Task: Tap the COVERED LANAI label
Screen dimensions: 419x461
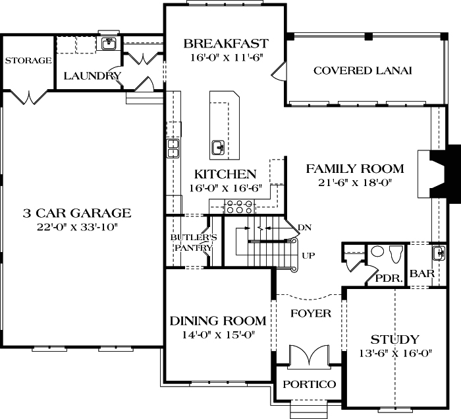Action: pyautogui.click(x=362, y=71)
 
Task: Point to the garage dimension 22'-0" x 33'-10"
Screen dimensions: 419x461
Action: pyautogui.click(x=77, y=227)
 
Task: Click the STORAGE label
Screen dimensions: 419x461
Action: pyautogui.click(x=28, y=61)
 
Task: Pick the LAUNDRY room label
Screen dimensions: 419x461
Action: pyautogui.click(x=92, y=76)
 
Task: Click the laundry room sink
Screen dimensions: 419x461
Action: pyautogui.click(x=109, y=44)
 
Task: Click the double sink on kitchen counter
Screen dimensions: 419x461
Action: pyautogui.click(x=173, y=148)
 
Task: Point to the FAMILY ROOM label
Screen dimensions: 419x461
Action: pyautogui.click(x=355, y=169)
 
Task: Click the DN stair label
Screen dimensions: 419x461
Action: pyautogui.click(x=304, y=228)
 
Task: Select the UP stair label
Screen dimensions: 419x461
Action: pyautogui.click(x=307, y=255)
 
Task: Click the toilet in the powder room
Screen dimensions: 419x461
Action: pyautogui.click(x=395, y=253)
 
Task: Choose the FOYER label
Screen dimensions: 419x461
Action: pyautogui.click(x=310, y=313)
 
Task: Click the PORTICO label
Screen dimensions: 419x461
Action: pyautogui.click(x=310, y=384)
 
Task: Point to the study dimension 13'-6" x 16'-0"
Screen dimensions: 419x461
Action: pyautogui.click(x=394, y=353)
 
